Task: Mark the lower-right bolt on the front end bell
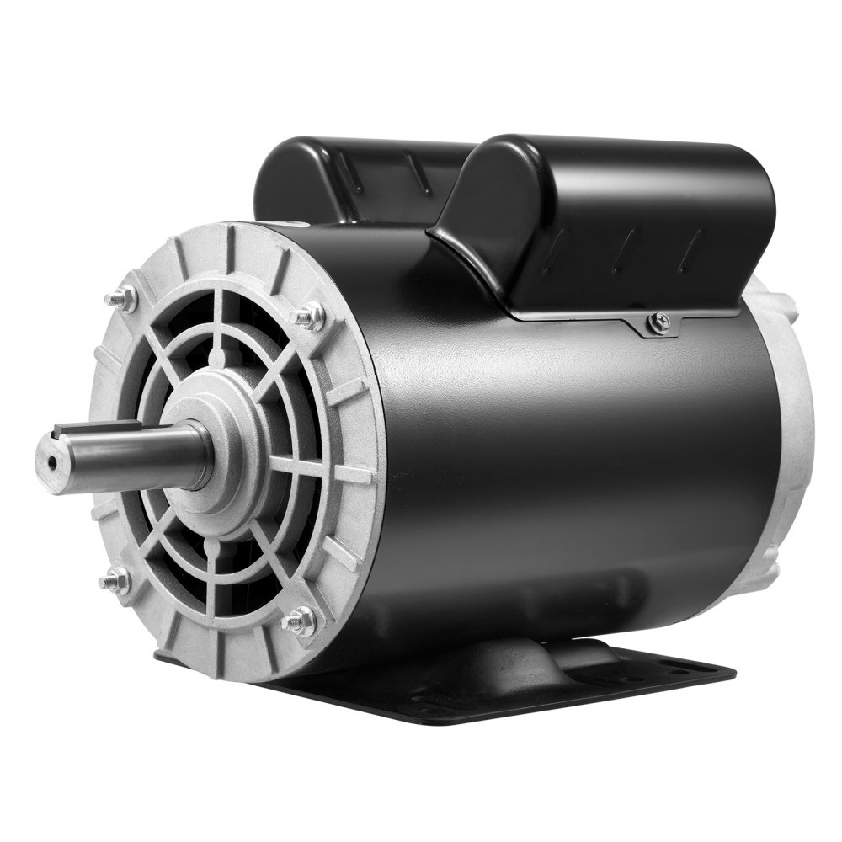tap(299, 621)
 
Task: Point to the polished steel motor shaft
tap(135, 455)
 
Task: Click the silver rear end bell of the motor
tap(791, 421)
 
